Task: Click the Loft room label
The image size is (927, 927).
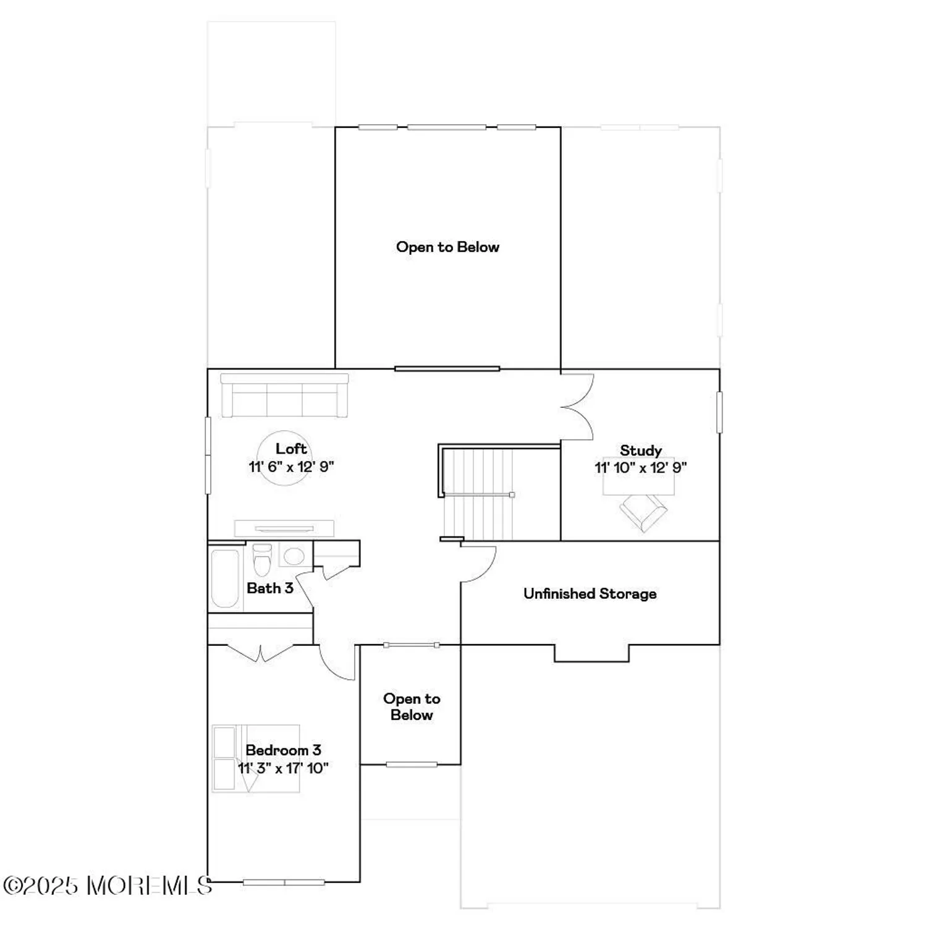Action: [x=291, y=449]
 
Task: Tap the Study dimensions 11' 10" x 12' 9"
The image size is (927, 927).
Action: [x=641, y=468]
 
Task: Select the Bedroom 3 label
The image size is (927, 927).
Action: [x=283, y=750]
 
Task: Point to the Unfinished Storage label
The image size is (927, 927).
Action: [x=590, y=594]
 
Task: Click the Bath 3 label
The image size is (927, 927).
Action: [x=269, y=588]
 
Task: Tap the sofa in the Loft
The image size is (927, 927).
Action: [x=284, y=396]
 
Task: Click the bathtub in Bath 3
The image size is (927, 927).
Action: [x=225, y=578]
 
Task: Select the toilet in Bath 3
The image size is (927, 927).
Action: [x=263, y=559]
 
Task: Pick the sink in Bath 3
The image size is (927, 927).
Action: [x=294, y=556]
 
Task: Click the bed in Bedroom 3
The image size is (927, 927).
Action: [x=255, y=758]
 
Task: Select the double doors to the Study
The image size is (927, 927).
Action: [x=578, y=407]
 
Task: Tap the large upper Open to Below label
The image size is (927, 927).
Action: [x=447, y=247]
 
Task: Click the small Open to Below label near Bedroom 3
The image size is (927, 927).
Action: [x=412, y=707]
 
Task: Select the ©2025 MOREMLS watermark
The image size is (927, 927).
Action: [x=108, y=886]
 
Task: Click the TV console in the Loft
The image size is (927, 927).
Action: [x=284, y=528]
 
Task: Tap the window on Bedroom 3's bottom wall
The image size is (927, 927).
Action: [x=284, y=883]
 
